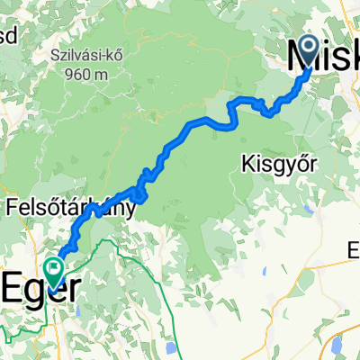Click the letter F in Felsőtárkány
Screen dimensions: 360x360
[13, 209]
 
